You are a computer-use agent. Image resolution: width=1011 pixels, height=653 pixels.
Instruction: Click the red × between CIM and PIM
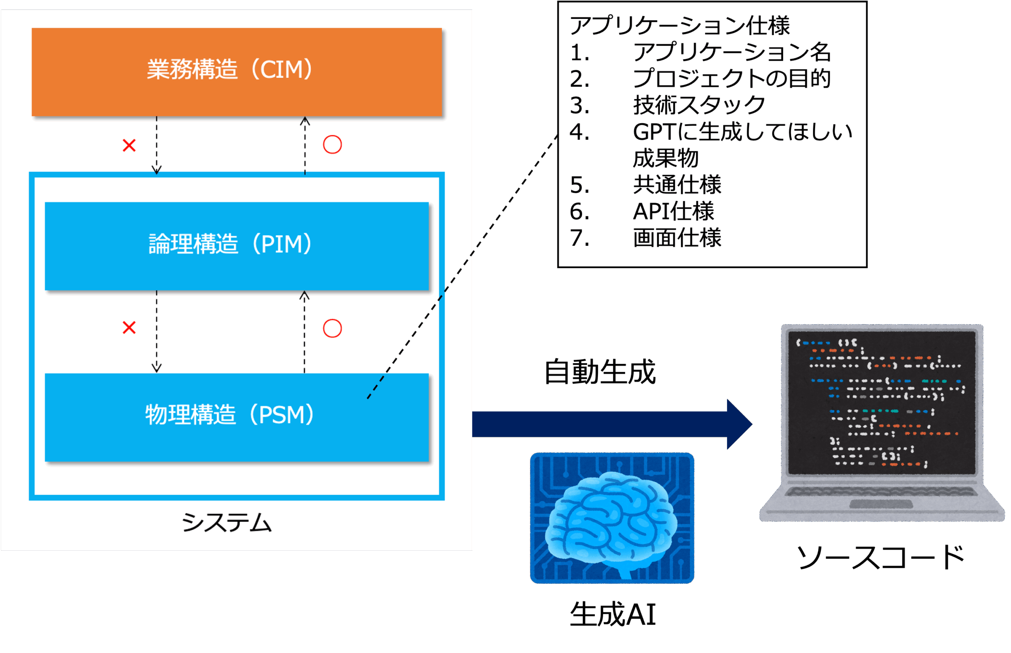click(129, 145)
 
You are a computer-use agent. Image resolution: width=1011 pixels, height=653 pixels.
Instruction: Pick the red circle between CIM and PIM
click(333, 145)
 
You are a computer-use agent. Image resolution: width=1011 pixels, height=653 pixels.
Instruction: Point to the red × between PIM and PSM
click(129, 328)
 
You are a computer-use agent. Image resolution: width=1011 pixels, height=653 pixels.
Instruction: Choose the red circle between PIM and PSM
click(333, 328)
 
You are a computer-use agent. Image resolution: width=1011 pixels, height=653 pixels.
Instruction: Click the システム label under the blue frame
click(227, 522)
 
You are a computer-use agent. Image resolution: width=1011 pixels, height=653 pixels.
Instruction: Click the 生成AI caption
click(613, 614)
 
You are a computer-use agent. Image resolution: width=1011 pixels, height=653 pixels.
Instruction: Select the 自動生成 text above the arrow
click(600, 372)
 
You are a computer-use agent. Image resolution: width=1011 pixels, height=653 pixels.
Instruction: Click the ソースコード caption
click(881, 557)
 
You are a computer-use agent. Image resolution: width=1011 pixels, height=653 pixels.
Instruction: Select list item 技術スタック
click(699, 105)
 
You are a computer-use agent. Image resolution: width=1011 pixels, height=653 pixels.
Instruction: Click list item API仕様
click(674, 211)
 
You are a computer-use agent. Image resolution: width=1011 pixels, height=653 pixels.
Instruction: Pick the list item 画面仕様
click(677, 237)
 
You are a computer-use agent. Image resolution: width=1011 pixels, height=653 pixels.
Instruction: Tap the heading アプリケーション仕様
click(680, 25)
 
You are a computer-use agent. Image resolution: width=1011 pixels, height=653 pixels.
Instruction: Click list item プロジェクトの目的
click(732, 79)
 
